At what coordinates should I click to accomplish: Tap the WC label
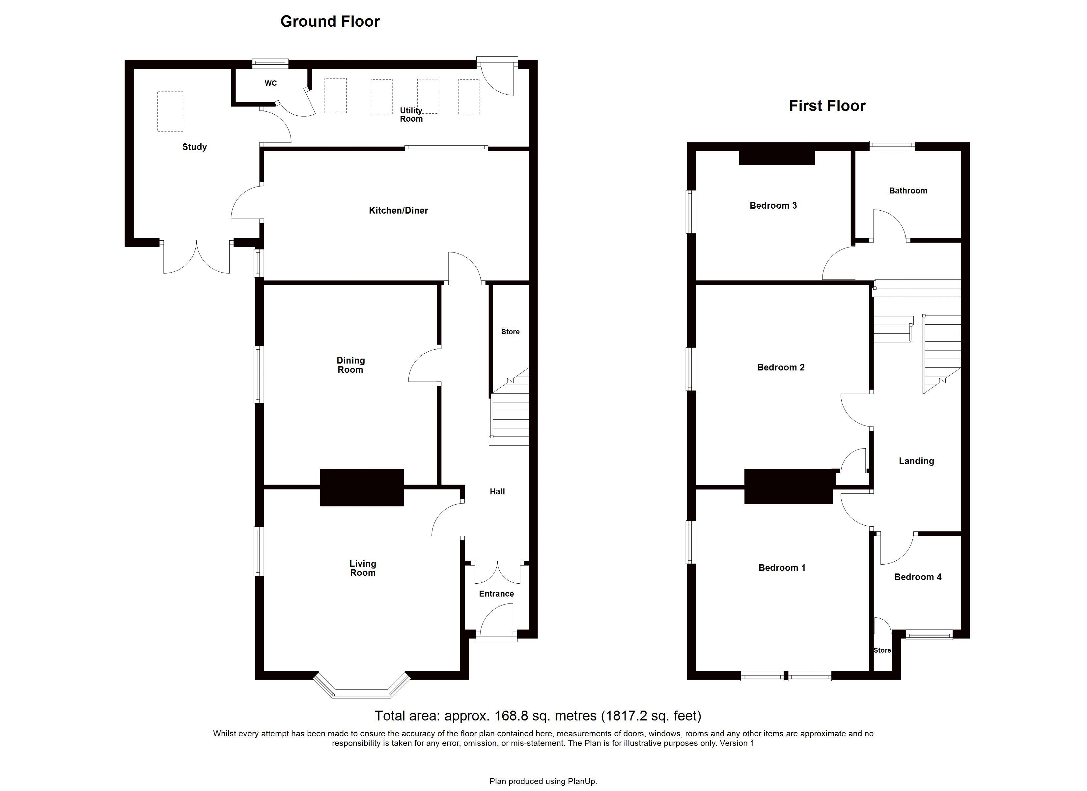tap(271, 83)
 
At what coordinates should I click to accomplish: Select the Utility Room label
tap(411, 115)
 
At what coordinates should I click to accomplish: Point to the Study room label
tap(195, 147)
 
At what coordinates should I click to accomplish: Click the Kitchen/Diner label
tap(398, 210)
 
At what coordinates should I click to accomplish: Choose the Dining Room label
tap(350, 365)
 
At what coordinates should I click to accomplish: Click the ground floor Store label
tap(511, 332)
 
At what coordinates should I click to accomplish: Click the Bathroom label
tap(908, 190)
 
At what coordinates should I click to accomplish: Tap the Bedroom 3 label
tap(773, 205)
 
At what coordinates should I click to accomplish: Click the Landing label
tap(916, 461)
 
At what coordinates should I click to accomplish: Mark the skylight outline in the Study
tap(170, 111)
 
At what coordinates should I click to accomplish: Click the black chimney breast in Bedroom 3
tap(777, 158)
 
